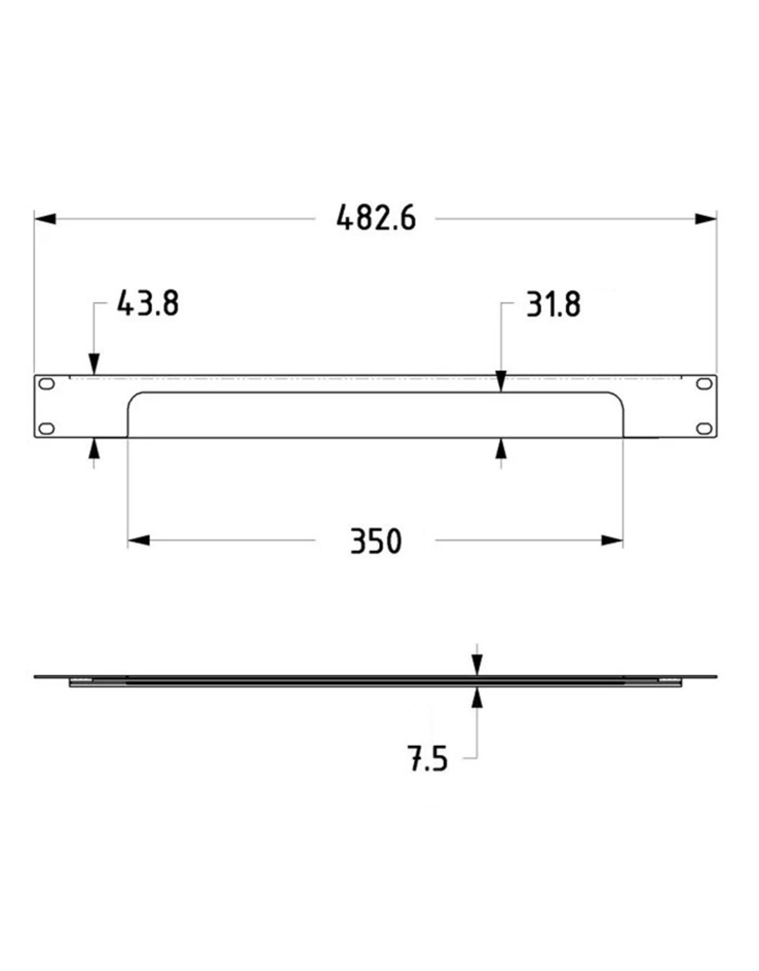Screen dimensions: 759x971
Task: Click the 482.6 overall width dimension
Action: pos(376,218)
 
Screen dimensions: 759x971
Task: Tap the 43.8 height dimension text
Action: pos(148,303)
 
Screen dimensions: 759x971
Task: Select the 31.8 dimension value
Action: pos(553,304)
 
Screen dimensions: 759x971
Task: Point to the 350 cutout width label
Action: pos(376,541)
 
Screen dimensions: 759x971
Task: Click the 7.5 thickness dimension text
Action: pos(427,759)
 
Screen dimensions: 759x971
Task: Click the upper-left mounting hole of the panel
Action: pos(46,384)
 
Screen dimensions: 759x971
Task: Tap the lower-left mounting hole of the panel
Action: pos(46,428)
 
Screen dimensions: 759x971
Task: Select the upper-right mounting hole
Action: pos(704,384)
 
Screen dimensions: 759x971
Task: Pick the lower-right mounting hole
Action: pos(704,428)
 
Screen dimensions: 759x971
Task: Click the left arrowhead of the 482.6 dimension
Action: pos(45,219)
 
